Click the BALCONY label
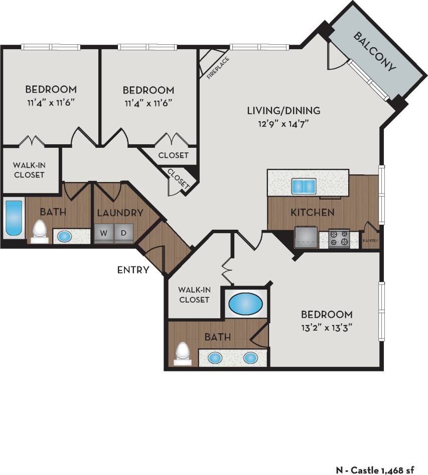[x=375, y=52]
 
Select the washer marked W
[x=104, y=234]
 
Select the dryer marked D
[x=123, y=234]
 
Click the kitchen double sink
[x=304, y=186]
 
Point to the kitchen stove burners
[x=339, y=238]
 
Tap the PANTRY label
[x=371, y=241]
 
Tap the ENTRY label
[x=133, y=270]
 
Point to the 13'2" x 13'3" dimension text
[x=327, y=328]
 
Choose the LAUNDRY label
[x=120, y=213]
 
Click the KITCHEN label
[x=312, y=212]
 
